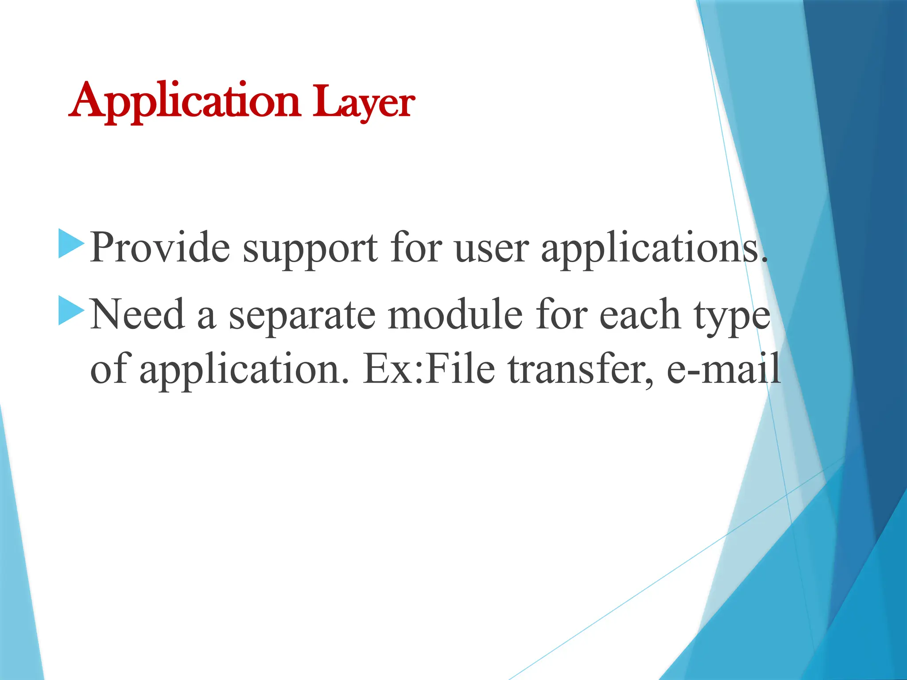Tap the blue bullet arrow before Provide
point(71,244)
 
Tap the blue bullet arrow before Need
point(71,311)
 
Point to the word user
point(492,249)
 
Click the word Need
point(137,314)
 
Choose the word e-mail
point(724,369)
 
